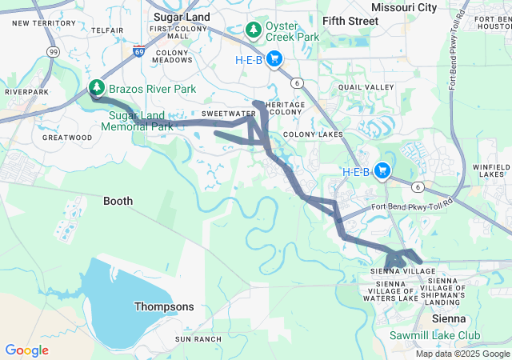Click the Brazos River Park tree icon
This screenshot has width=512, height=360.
click(x=97, y=86)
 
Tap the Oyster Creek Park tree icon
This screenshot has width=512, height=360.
click(x=254, y=30)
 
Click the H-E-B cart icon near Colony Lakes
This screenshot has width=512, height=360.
click(x=382, y=170)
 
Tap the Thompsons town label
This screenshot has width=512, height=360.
click(x=163, y=306)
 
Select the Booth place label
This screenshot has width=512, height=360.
click(x=118, y=202)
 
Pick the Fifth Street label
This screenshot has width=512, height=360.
click(x=350, y=20)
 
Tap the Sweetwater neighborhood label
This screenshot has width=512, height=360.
click(x=223, y=114)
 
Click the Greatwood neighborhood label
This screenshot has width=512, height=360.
click(x=68, y=138)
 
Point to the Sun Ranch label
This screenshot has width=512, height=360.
click(x=198, y=339)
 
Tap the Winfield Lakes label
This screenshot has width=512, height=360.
click(x=489, y=170)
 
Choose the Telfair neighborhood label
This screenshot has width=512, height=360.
click(x=107, y=30)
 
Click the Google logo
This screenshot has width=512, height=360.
click(x=26, y=350)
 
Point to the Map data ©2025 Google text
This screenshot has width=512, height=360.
click(x=462, y=354)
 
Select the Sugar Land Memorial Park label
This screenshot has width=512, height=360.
click(x=141, y=121)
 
